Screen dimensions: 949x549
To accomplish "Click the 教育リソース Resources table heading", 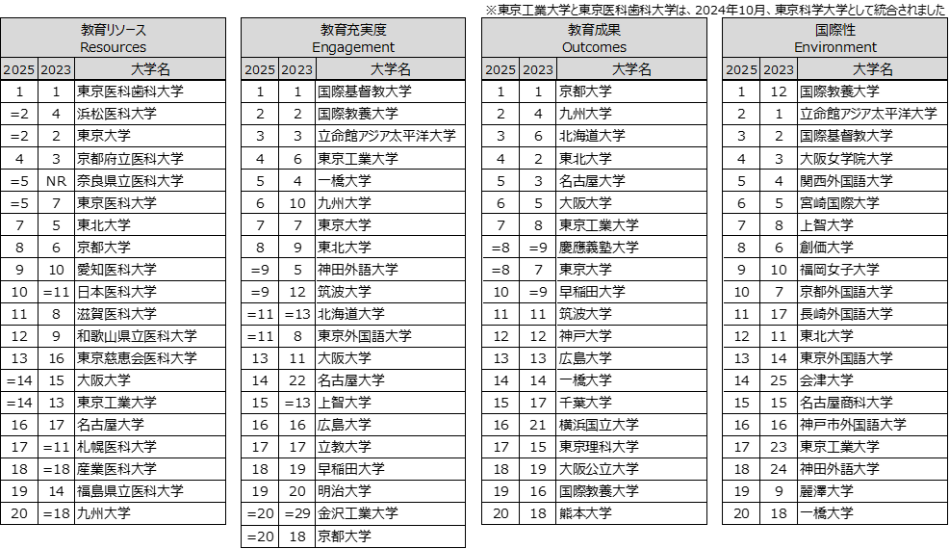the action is (114, 39).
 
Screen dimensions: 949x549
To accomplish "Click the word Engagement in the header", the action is (353, 47).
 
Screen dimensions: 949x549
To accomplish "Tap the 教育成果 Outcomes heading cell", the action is (594, 39).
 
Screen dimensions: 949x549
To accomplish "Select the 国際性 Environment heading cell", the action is (835, 39).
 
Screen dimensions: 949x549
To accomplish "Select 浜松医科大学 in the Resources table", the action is (116, 114).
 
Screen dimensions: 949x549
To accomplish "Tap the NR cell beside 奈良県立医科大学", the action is (56, 180).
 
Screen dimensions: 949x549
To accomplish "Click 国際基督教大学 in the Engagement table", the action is (365, 91).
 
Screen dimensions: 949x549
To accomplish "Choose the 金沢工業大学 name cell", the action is (358, 513).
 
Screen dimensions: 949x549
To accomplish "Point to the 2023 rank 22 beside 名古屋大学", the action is (297, 380).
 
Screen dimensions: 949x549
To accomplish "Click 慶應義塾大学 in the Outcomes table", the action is (599, 248).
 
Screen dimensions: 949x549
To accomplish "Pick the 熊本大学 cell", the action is (585, 513).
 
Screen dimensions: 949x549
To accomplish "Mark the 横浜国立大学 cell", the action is (599, 425).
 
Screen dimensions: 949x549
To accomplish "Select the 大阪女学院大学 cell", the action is (846, 159).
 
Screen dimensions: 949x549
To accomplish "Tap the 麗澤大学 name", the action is (826, 491).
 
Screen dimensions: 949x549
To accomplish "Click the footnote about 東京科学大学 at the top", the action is (715, 10).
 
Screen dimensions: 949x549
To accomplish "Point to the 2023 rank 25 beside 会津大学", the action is (779, 380).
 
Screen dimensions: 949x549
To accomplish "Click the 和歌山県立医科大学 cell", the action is (137, 336).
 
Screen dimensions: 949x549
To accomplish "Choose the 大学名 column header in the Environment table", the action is (873, 69).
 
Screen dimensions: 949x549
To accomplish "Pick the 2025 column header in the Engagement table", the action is (260, 69).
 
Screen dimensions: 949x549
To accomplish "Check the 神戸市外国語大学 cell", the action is (853, 425).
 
